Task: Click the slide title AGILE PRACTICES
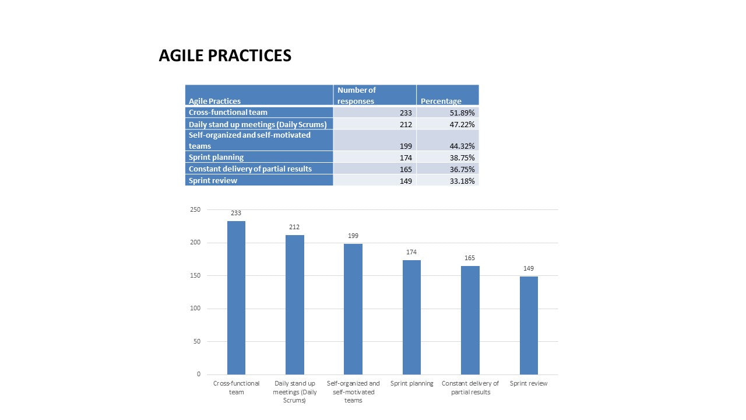(225, 56)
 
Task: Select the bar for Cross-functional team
(236, 297)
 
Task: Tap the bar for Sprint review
(529, 325)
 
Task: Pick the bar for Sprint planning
(411, 317)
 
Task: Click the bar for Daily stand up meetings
(295, 304)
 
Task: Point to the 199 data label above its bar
(353, 236)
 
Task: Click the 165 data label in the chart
(470, 258)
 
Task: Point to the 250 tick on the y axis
(195, 209)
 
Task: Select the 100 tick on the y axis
(195, 309)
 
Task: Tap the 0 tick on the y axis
(198, 374)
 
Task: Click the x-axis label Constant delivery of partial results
(470, 388)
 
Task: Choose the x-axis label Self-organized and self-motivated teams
(353, 392)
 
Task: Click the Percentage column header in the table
(441, 101)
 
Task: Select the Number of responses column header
(356, 95)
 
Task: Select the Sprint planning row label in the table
(216, 157)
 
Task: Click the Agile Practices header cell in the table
(214, 101)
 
